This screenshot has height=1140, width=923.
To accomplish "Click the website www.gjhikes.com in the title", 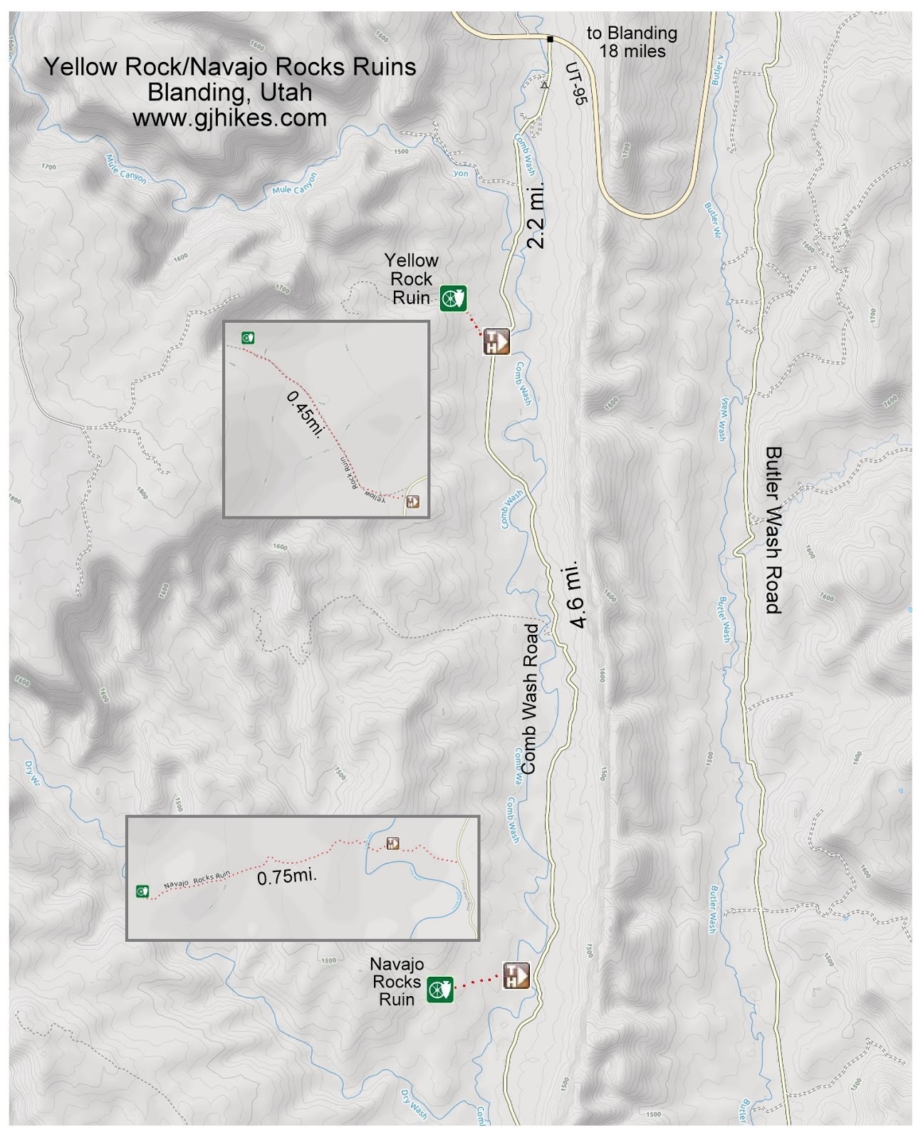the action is coord(229,118).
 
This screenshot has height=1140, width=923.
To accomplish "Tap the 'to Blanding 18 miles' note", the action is coord(631,42).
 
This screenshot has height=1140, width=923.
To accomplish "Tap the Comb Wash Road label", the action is coord(531,698).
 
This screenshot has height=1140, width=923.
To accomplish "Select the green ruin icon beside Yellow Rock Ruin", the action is coord(452,298).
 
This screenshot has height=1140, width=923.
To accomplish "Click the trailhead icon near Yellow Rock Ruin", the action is coord(497,341).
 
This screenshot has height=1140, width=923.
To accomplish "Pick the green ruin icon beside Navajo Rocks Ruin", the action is coord(440,990).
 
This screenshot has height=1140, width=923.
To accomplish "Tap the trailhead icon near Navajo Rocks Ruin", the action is coord(516,975).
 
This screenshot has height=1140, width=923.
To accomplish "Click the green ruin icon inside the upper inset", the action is coord(248,338).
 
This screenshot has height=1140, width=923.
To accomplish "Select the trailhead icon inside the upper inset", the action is coord(412,502).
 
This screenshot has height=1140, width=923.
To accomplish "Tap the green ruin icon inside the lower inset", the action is coord(142,891).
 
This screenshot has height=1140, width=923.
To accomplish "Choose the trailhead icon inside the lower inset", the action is coord(392,844).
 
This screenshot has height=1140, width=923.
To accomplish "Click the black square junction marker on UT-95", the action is coord(551,39).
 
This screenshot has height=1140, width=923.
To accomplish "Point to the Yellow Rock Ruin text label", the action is coord(411,279).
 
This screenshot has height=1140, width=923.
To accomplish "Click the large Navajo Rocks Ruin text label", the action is coord(397,981).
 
